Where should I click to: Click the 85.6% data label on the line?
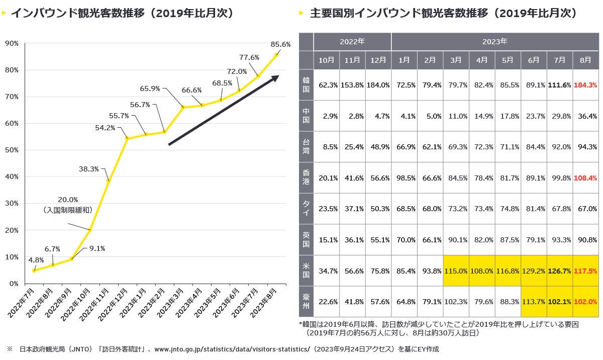[280, 44]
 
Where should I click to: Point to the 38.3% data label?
[89, 169]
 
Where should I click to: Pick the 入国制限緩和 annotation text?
[68, 210]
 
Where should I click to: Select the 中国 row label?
[306, 116]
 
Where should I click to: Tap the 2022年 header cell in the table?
[352, 42]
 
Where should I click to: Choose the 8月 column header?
[585, 60]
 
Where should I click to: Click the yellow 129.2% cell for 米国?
[533, 271]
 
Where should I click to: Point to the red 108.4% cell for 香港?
[585, 178]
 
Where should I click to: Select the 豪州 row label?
[306, 302]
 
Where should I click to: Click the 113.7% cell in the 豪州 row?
[533, 302]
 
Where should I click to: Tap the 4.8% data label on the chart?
[36, 260]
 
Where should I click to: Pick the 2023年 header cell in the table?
[495, 42]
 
